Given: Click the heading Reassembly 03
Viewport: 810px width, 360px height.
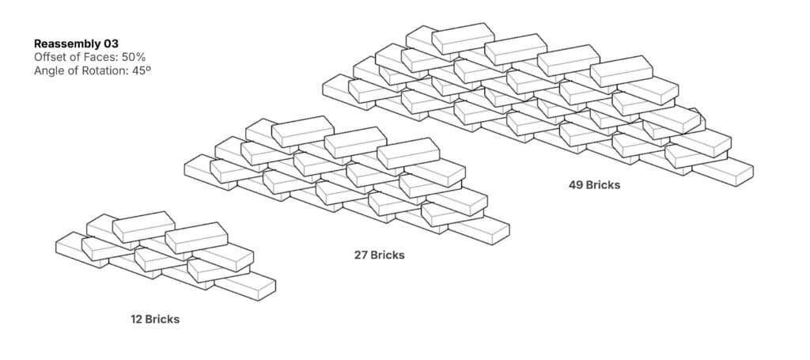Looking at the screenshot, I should [x=76, y=44].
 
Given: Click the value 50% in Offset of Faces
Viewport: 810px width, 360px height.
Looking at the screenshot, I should [x=133, y=58].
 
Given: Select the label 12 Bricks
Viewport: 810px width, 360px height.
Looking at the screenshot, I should [x=155, y=320].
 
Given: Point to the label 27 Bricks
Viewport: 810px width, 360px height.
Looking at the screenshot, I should [x=379, y=256].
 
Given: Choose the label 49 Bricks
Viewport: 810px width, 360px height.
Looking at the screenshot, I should [x=594, y=185].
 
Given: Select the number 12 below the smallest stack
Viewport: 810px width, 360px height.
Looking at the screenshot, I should [x=137, y=320].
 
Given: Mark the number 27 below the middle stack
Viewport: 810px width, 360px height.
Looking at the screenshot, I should [x=361, y=256].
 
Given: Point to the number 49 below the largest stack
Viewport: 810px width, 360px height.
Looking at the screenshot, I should [x=577, y=185].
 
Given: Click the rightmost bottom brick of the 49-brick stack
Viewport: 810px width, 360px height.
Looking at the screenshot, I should [x=722, y=172].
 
